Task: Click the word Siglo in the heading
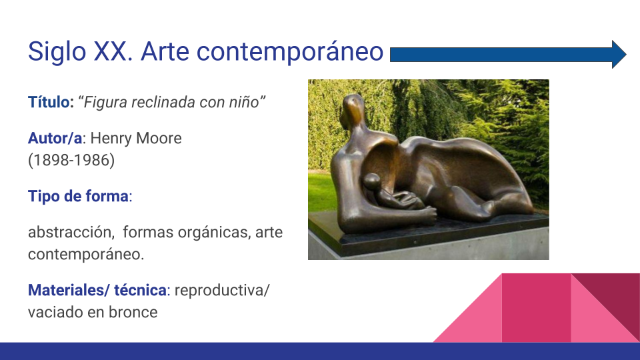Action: (x=57, y=52)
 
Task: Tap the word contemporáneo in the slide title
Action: (x=290, y=51)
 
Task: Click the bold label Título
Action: (x=49, y=101)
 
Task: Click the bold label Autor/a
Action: (x=55, y=139)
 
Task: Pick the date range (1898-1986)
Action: (x=71, y=160)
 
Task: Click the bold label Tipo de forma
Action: (x=78, y=196)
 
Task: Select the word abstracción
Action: (x=70, y=232)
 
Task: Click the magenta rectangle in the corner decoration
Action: (x=536, y=308)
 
